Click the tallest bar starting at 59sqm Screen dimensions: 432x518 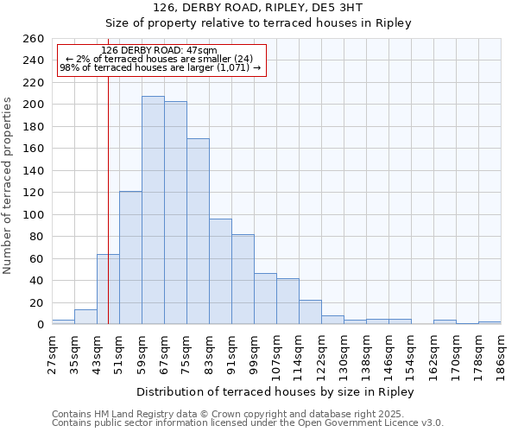[153, 210]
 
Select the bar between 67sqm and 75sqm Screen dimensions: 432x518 [175, 213]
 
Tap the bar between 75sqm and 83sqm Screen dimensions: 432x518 [198, 232]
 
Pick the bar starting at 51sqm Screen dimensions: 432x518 [130, 257]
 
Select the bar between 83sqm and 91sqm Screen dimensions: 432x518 [220, 271]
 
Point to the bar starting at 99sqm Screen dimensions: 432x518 [265, 299]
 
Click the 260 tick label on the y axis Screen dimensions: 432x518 [33, 39]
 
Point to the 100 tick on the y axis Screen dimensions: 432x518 [33, 214]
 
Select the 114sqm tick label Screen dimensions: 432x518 [299, 353]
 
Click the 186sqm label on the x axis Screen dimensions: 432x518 [501, 353]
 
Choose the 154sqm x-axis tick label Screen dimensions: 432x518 [411, 353]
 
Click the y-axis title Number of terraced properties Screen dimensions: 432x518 [9, 186]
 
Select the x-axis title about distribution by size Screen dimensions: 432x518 [275, 391]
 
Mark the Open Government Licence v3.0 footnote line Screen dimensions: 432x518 [247, 422]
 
